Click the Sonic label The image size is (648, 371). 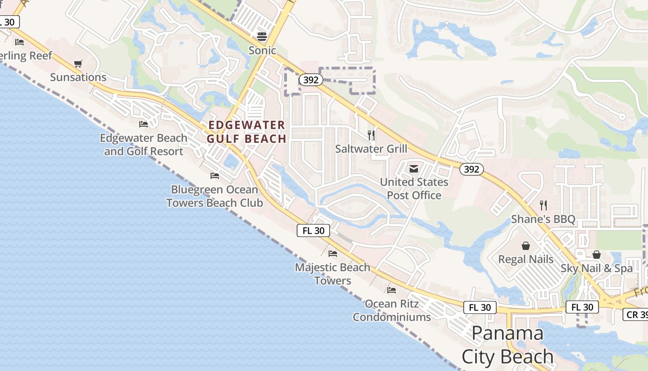(262, 50)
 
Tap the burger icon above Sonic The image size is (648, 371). (262, 37)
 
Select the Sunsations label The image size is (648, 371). (78, 77)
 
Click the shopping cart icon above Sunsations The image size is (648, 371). (78, 64)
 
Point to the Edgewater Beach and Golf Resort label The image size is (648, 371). (143, 145)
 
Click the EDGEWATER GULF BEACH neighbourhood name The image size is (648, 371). (246, 132)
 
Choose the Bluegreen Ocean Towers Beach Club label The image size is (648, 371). (214, 196)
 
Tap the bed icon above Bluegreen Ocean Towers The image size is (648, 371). (215, 176)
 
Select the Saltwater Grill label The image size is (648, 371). (371, 148)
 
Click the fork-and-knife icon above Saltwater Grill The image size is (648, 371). (371, 135)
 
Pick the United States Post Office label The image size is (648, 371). (414, 189)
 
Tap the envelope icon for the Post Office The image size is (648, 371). (414, 169)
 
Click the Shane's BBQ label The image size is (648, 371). (543, 219)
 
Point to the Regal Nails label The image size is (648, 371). (526, 259)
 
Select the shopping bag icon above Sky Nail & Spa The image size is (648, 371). (597, 255)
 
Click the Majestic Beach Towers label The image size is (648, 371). (333, 274)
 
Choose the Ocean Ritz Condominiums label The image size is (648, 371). (392, 310)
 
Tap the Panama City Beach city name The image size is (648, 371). (508, 345)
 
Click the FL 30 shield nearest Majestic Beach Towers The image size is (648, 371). (313, 230)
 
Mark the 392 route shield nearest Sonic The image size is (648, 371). (311, 80)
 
